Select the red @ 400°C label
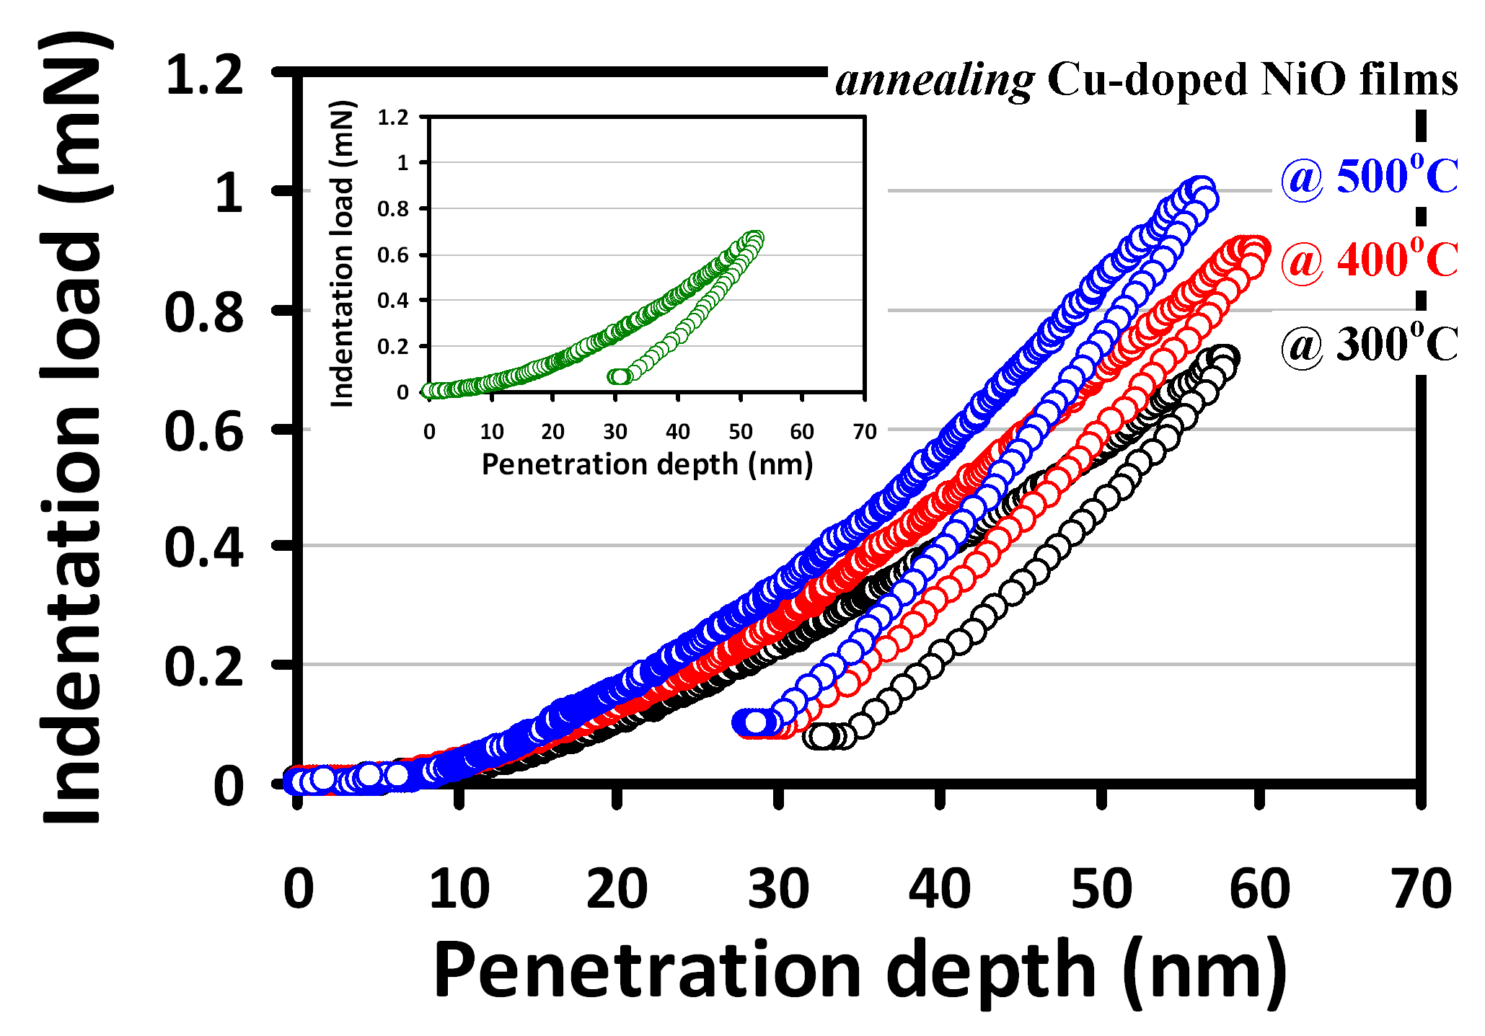[1369, 260]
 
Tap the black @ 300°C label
[1369, 345]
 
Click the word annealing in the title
[935, 81]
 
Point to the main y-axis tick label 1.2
[205, 75]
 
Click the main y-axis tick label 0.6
[205, 432]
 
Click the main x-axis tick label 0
[299, 890]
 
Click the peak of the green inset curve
[755, 239]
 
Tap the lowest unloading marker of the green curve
[618, 377]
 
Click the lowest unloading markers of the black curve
[829, 737]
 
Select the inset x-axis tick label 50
[740, 432]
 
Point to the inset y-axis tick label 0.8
[393, 209]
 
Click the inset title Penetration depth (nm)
[647, 465]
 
